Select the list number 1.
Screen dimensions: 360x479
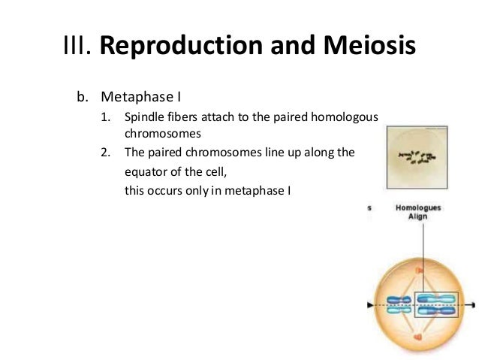click(105, 117)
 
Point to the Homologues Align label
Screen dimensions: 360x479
click(419, 211)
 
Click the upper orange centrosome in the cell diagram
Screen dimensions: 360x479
click(420, 268)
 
